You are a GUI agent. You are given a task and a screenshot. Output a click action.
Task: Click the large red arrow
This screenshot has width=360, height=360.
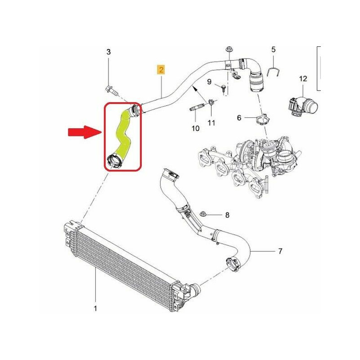[85, 132]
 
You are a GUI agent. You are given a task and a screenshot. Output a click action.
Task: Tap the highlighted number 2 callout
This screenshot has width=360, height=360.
[161, 70]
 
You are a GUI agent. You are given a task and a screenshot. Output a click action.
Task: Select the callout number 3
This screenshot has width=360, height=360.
[108, 52]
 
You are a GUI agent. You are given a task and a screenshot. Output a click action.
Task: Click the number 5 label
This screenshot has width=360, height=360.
[273, 49]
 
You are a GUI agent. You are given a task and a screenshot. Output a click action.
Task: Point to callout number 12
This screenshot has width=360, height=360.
[303, 79]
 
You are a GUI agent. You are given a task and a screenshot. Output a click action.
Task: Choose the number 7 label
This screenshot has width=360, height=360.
[280, 251]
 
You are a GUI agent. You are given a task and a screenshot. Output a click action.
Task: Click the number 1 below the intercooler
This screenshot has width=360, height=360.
[95, 308]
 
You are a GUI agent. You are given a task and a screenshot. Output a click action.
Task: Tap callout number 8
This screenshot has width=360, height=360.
[227, 215]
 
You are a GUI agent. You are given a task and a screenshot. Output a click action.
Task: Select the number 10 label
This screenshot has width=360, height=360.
[195, 128]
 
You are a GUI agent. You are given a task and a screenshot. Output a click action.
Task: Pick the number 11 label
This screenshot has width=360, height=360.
[211, 123]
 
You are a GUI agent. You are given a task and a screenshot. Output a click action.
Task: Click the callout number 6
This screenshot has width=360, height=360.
[239, 118]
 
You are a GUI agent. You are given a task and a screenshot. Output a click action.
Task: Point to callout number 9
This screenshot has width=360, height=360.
[209, 81]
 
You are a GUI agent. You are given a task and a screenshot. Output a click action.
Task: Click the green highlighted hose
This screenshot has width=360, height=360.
[123, 136]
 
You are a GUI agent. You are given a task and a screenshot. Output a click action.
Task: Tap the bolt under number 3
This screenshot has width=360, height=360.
[112, 90]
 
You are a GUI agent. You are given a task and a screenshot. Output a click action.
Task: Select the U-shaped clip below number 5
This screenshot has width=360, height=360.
[273, 72]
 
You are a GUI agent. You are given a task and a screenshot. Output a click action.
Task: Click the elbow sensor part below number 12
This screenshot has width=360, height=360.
[303, 106]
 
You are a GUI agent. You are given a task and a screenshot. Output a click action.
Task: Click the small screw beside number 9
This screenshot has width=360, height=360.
[224, 88]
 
